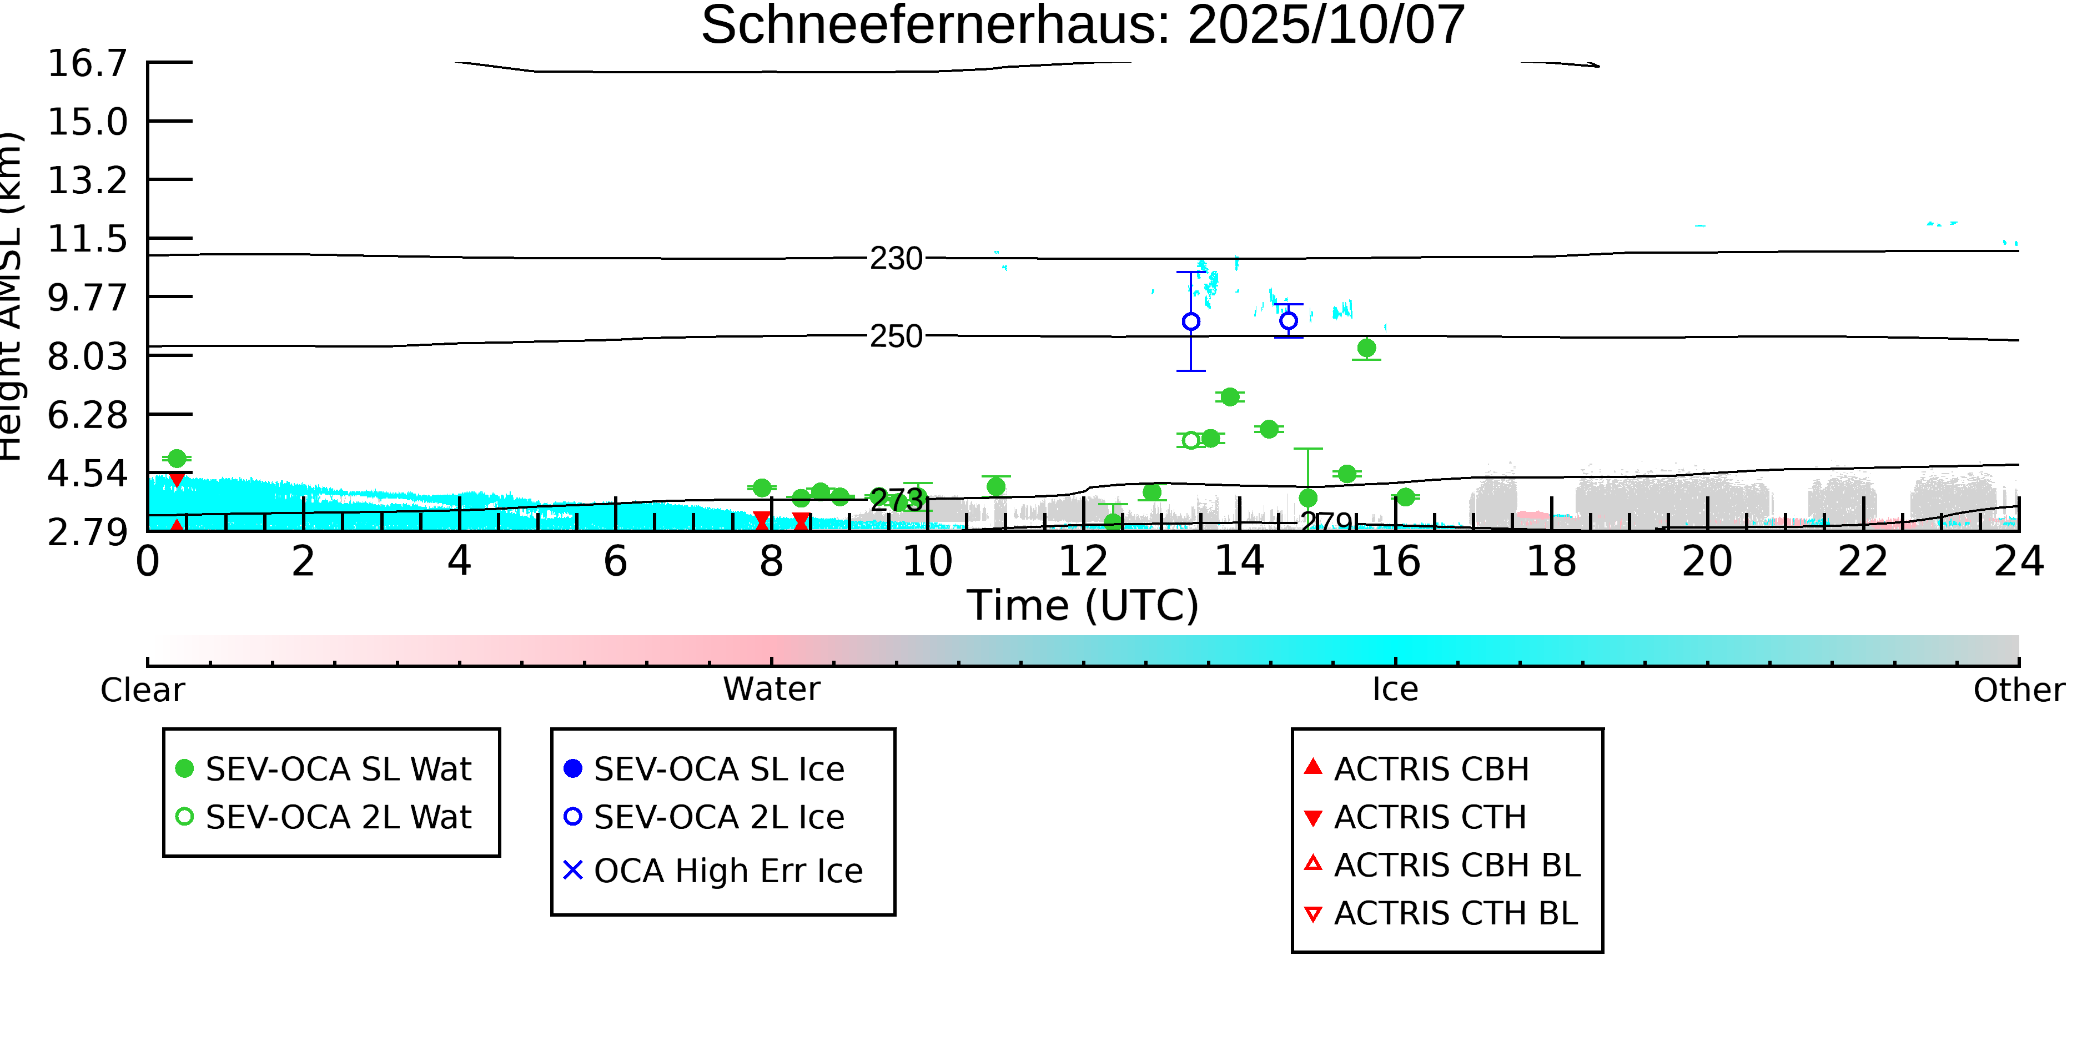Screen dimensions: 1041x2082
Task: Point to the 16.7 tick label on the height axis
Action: [x=87, y=64]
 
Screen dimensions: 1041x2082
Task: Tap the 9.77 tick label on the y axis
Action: [x=87, y=298]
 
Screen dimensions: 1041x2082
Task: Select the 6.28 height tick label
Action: [x=87, y=415]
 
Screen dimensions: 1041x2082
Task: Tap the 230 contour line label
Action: [x=896, y=259]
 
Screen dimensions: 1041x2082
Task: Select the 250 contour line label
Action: [x=896, y=336]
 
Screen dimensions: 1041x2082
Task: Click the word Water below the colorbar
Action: [x=771, y=690]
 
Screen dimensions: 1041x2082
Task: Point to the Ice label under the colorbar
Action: [x=1395, y=690]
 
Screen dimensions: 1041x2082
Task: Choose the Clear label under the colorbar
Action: [x=142, y=690]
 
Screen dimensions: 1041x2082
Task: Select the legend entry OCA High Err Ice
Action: [x=727, y=871]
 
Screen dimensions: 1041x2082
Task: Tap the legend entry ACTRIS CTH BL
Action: [x=1455, y=913]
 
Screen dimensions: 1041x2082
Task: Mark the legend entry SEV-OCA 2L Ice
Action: [x=718, y=817]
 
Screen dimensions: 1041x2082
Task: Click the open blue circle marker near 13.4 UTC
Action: [x=1190, y=321]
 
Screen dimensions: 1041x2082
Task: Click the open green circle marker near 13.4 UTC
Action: [x=1190, y=440]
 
